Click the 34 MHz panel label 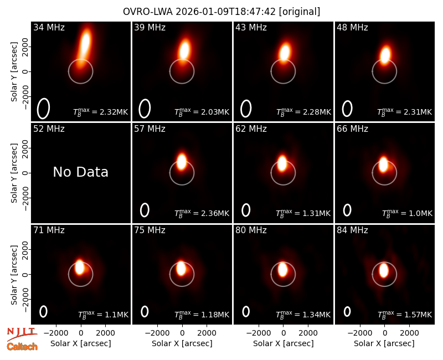[49, 27]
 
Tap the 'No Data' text [80, 172]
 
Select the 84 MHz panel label [352, 230]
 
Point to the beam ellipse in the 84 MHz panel [347, 311]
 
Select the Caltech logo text [22, 347]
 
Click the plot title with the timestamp [221, 12]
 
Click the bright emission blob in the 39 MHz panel [184, 50]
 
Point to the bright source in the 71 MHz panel [79, 267]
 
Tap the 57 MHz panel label [150, 129]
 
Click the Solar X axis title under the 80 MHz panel [283, 343]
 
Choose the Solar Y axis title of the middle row [14, 173]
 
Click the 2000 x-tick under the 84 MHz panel [409, 333]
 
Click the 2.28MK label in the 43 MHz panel [303, 112]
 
